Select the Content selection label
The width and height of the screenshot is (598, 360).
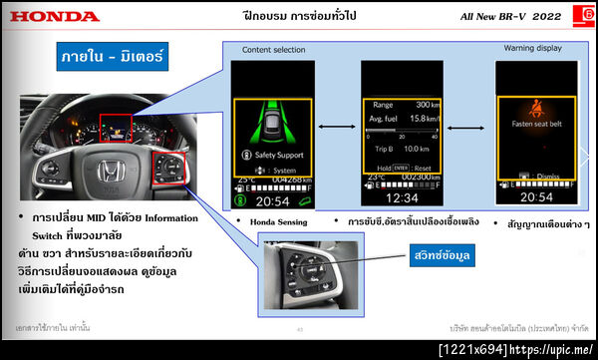(274, 50)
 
